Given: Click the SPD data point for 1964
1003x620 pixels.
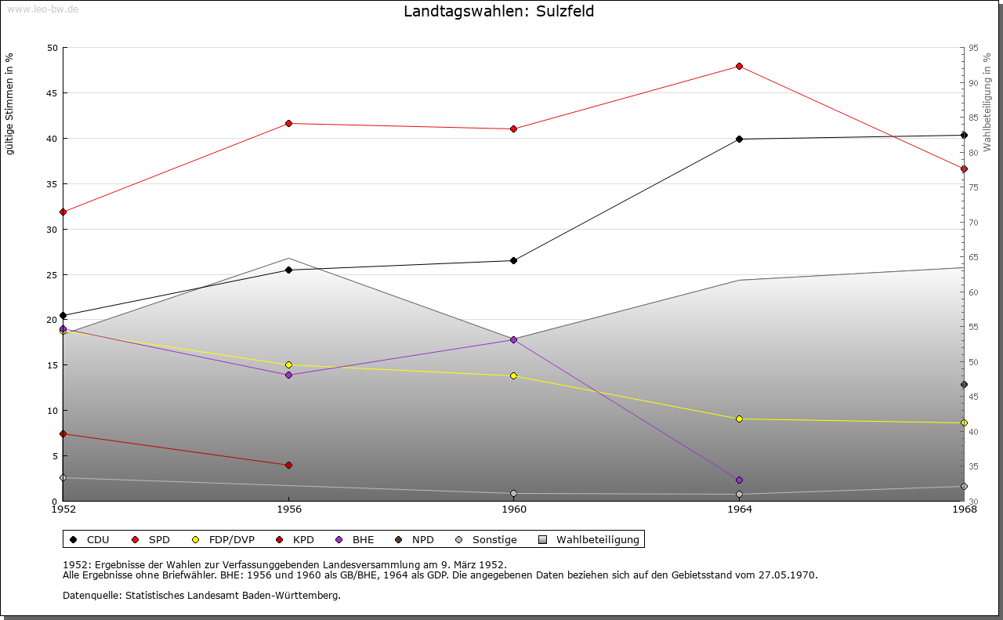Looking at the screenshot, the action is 739,67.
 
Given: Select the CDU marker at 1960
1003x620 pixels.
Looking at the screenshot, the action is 513,261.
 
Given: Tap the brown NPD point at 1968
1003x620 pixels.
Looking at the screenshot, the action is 964,385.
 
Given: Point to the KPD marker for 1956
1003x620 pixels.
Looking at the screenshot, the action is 289,466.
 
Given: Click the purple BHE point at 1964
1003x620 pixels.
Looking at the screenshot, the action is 739,480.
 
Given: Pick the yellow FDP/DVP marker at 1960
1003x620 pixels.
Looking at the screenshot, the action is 513,376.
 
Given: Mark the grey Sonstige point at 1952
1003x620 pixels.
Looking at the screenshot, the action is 63,478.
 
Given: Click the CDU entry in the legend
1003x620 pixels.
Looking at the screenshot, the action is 89,540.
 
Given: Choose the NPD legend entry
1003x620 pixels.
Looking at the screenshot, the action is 415,540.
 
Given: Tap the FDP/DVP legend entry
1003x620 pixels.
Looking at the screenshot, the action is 223,540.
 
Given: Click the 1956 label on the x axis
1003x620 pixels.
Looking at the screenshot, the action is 289,509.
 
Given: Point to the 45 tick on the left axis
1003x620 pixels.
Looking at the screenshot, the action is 53,93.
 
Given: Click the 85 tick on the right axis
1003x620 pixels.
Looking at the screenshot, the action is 973,118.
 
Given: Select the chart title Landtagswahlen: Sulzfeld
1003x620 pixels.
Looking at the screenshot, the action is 499,11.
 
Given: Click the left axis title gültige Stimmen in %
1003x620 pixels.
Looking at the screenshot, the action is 9,104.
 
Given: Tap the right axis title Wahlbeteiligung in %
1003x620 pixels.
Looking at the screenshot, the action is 987,103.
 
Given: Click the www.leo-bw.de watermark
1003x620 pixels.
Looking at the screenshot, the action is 42,9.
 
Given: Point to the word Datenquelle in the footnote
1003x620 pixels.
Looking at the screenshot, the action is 92,596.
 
